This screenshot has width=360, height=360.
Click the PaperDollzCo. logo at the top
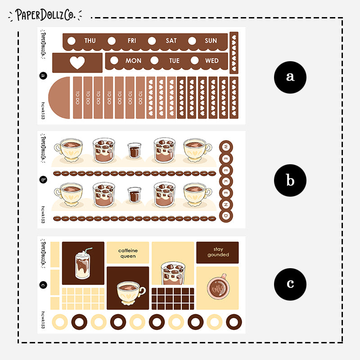click(x=45, y=15)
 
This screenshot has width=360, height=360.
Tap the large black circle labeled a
click(x=290, y=76)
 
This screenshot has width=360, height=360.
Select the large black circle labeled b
click(x=290, y=180)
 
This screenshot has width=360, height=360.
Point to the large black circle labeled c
click(x=290, y=284)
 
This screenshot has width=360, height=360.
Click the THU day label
click(x=90, y=40)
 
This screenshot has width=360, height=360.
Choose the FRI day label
click(x=131, y=40)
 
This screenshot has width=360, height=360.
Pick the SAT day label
click(x=171, y=40)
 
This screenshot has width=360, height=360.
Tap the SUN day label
click(x=211, y=40)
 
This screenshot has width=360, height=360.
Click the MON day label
click(x=133, y=61)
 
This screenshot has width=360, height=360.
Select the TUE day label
click(x=174, y=61)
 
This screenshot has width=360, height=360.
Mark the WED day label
click(x=212, y=61)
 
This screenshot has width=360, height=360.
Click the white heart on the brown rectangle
click(x=77, y=63)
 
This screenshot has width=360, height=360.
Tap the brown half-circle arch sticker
click(x=60, y=98)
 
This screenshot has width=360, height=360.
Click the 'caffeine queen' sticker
click(x=128, y=253)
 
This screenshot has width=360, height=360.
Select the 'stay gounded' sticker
click(x=218, y=252)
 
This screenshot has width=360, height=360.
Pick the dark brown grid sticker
click(x=173, y=299)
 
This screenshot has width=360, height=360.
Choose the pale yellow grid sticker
click(x=83, y=299)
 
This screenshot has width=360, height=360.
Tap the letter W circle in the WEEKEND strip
click(x=226, y=147)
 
